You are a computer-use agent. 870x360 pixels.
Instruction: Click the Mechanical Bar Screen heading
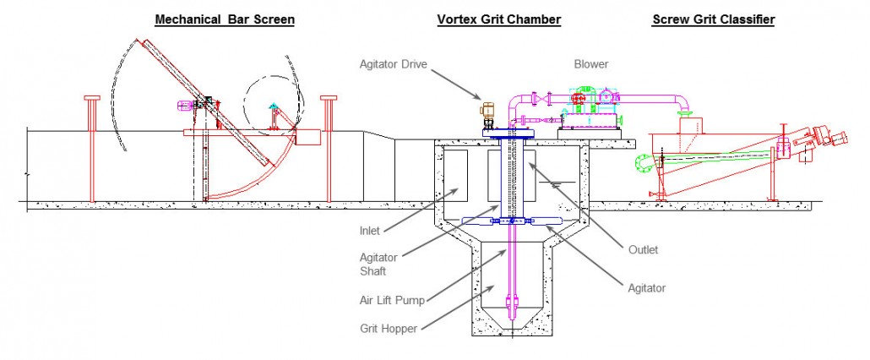pos(225,19)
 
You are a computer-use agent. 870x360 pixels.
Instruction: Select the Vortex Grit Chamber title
pos(498,19)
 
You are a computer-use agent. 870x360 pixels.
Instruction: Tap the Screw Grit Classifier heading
pos(713,19)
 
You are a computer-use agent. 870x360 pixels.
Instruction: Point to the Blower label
pos(590,63)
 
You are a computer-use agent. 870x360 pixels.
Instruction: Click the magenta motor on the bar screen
pos(183,106)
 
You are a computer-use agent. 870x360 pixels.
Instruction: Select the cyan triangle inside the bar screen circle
pos(272,107)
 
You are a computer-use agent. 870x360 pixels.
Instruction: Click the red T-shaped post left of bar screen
pos(91,148)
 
